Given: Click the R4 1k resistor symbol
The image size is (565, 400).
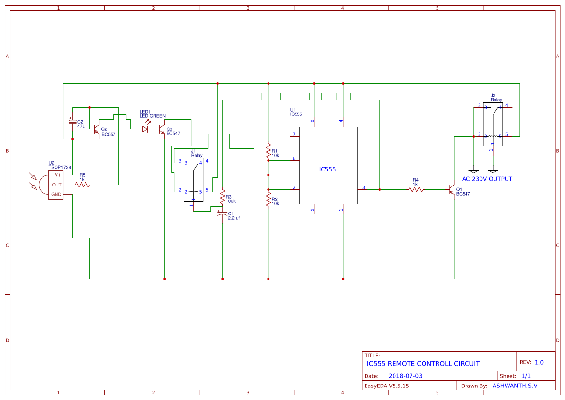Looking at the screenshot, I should pos(416,190).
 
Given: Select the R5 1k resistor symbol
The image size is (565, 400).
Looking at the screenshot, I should pos(83,185).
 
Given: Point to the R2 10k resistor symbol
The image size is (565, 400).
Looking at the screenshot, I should pos(268,199).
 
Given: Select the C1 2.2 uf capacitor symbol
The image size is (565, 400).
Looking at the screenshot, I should pos(222,214).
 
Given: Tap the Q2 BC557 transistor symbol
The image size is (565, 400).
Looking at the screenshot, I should pos(97,129).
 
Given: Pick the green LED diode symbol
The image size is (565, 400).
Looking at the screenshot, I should pos(145,129).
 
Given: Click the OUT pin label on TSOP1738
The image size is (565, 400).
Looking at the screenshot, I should pos(57,185).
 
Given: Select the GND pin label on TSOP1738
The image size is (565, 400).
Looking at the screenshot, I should pos(57,194).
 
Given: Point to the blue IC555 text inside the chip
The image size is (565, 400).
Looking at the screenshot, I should pos(327,170).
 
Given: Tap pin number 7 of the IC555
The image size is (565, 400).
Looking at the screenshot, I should pos(294,134).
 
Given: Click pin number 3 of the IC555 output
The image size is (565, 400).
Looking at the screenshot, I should pos(364,187).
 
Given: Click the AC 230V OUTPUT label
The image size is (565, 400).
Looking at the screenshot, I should pos(487,179).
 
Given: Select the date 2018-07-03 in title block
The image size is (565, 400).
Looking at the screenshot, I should pos(405,376).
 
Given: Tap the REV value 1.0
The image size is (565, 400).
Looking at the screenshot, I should pos(539,362).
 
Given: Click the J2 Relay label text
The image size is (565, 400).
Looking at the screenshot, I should pos(496,98).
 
